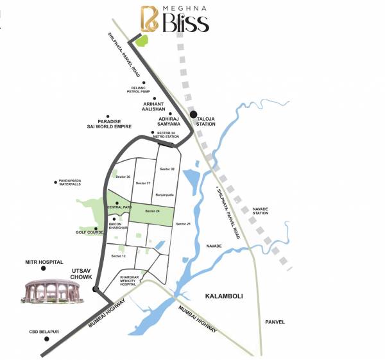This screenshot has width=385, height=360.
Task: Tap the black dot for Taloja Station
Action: tap(193, 115)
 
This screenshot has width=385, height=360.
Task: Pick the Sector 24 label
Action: tap(152, 211)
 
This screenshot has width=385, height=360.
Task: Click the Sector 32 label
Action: tap(167, 169)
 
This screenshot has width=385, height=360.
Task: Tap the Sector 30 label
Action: tap(124, 176)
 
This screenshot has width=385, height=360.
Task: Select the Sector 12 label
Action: tap(119, 256)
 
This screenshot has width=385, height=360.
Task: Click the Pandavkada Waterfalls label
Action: tap(71, 182)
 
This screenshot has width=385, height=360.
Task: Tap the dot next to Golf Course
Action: tap(95, 229)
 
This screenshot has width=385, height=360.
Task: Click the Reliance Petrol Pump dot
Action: tap(145, 83)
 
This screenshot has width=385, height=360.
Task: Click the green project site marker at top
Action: tap(141, 40)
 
